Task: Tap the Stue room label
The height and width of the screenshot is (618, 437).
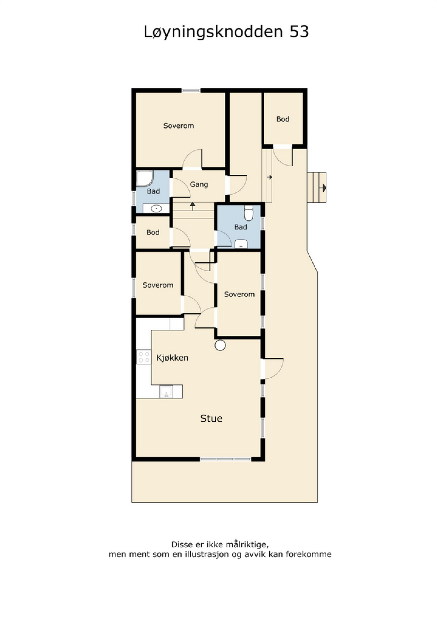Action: coord(211,419)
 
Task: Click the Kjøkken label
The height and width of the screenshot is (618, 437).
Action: coord(172,358)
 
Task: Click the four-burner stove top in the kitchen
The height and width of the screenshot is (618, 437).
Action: coord(144,357)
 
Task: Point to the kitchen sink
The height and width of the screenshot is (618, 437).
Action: coord(166,391)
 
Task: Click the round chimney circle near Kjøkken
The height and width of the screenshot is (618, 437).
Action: coord(220,345)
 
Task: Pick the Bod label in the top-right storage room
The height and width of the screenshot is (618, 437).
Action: coord(283,119)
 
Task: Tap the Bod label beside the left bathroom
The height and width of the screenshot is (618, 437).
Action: coord(153,232)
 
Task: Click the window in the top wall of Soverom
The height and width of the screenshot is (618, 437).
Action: coord(191,90)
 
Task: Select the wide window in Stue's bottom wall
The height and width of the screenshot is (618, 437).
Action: coord(225,459)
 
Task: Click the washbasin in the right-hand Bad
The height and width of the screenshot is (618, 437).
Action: coord(241,244)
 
